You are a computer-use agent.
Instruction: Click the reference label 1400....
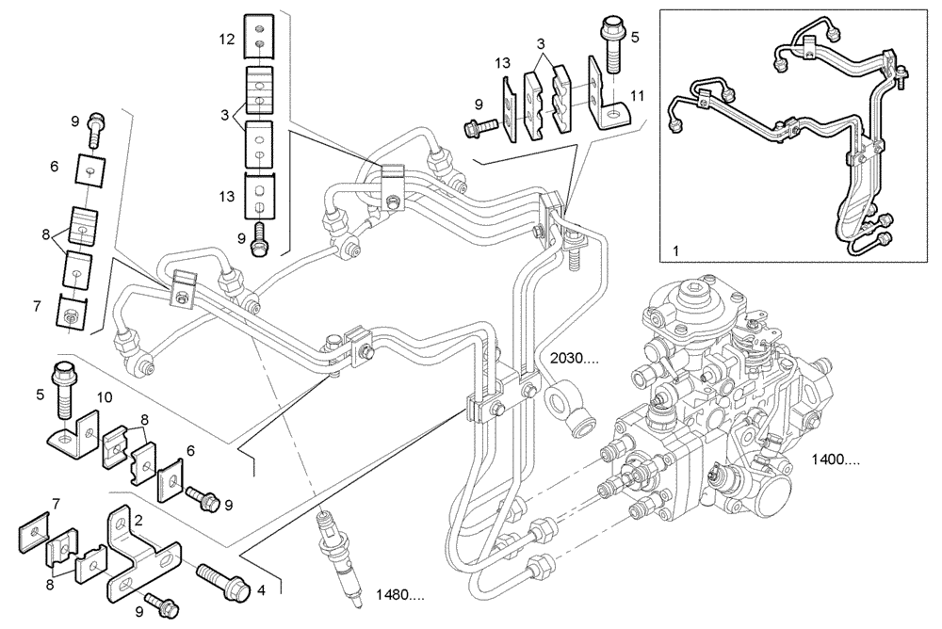pyautogui.click(x=835, y=460)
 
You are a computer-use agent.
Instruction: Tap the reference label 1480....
pyautogui.click(x=399, y=594)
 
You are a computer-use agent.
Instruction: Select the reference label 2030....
pyautogui.click(x=576, y=358)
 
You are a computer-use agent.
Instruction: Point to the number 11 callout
pyautogui.click(x=637, y=96)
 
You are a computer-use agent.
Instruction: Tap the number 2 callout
pyautogui.click(x=138, y=519)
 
